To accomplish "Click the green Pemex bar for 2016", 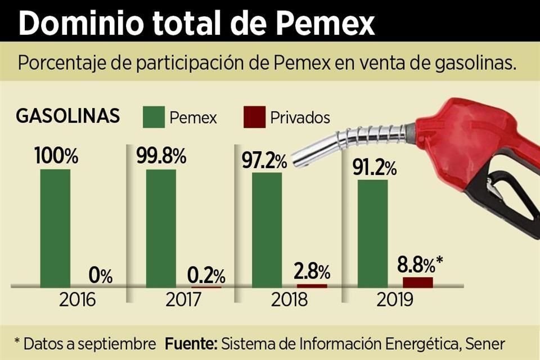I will point(56,228).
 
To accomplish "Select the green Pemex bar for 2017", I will point(161,228).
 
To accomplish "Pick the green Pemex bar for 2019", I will point(372,233).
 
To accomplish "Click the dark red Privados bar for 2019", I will point(418,282).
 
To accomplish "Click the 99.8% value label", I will point(161,156).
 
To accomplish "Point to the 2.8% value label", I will point(312,272).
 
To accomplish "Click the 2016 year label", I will point(78,299).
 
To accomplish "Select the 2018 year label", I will point(289,299).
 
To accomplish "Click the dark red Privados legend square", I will point(253,118).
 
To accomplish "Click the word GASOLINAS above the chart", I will point(67,116).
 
